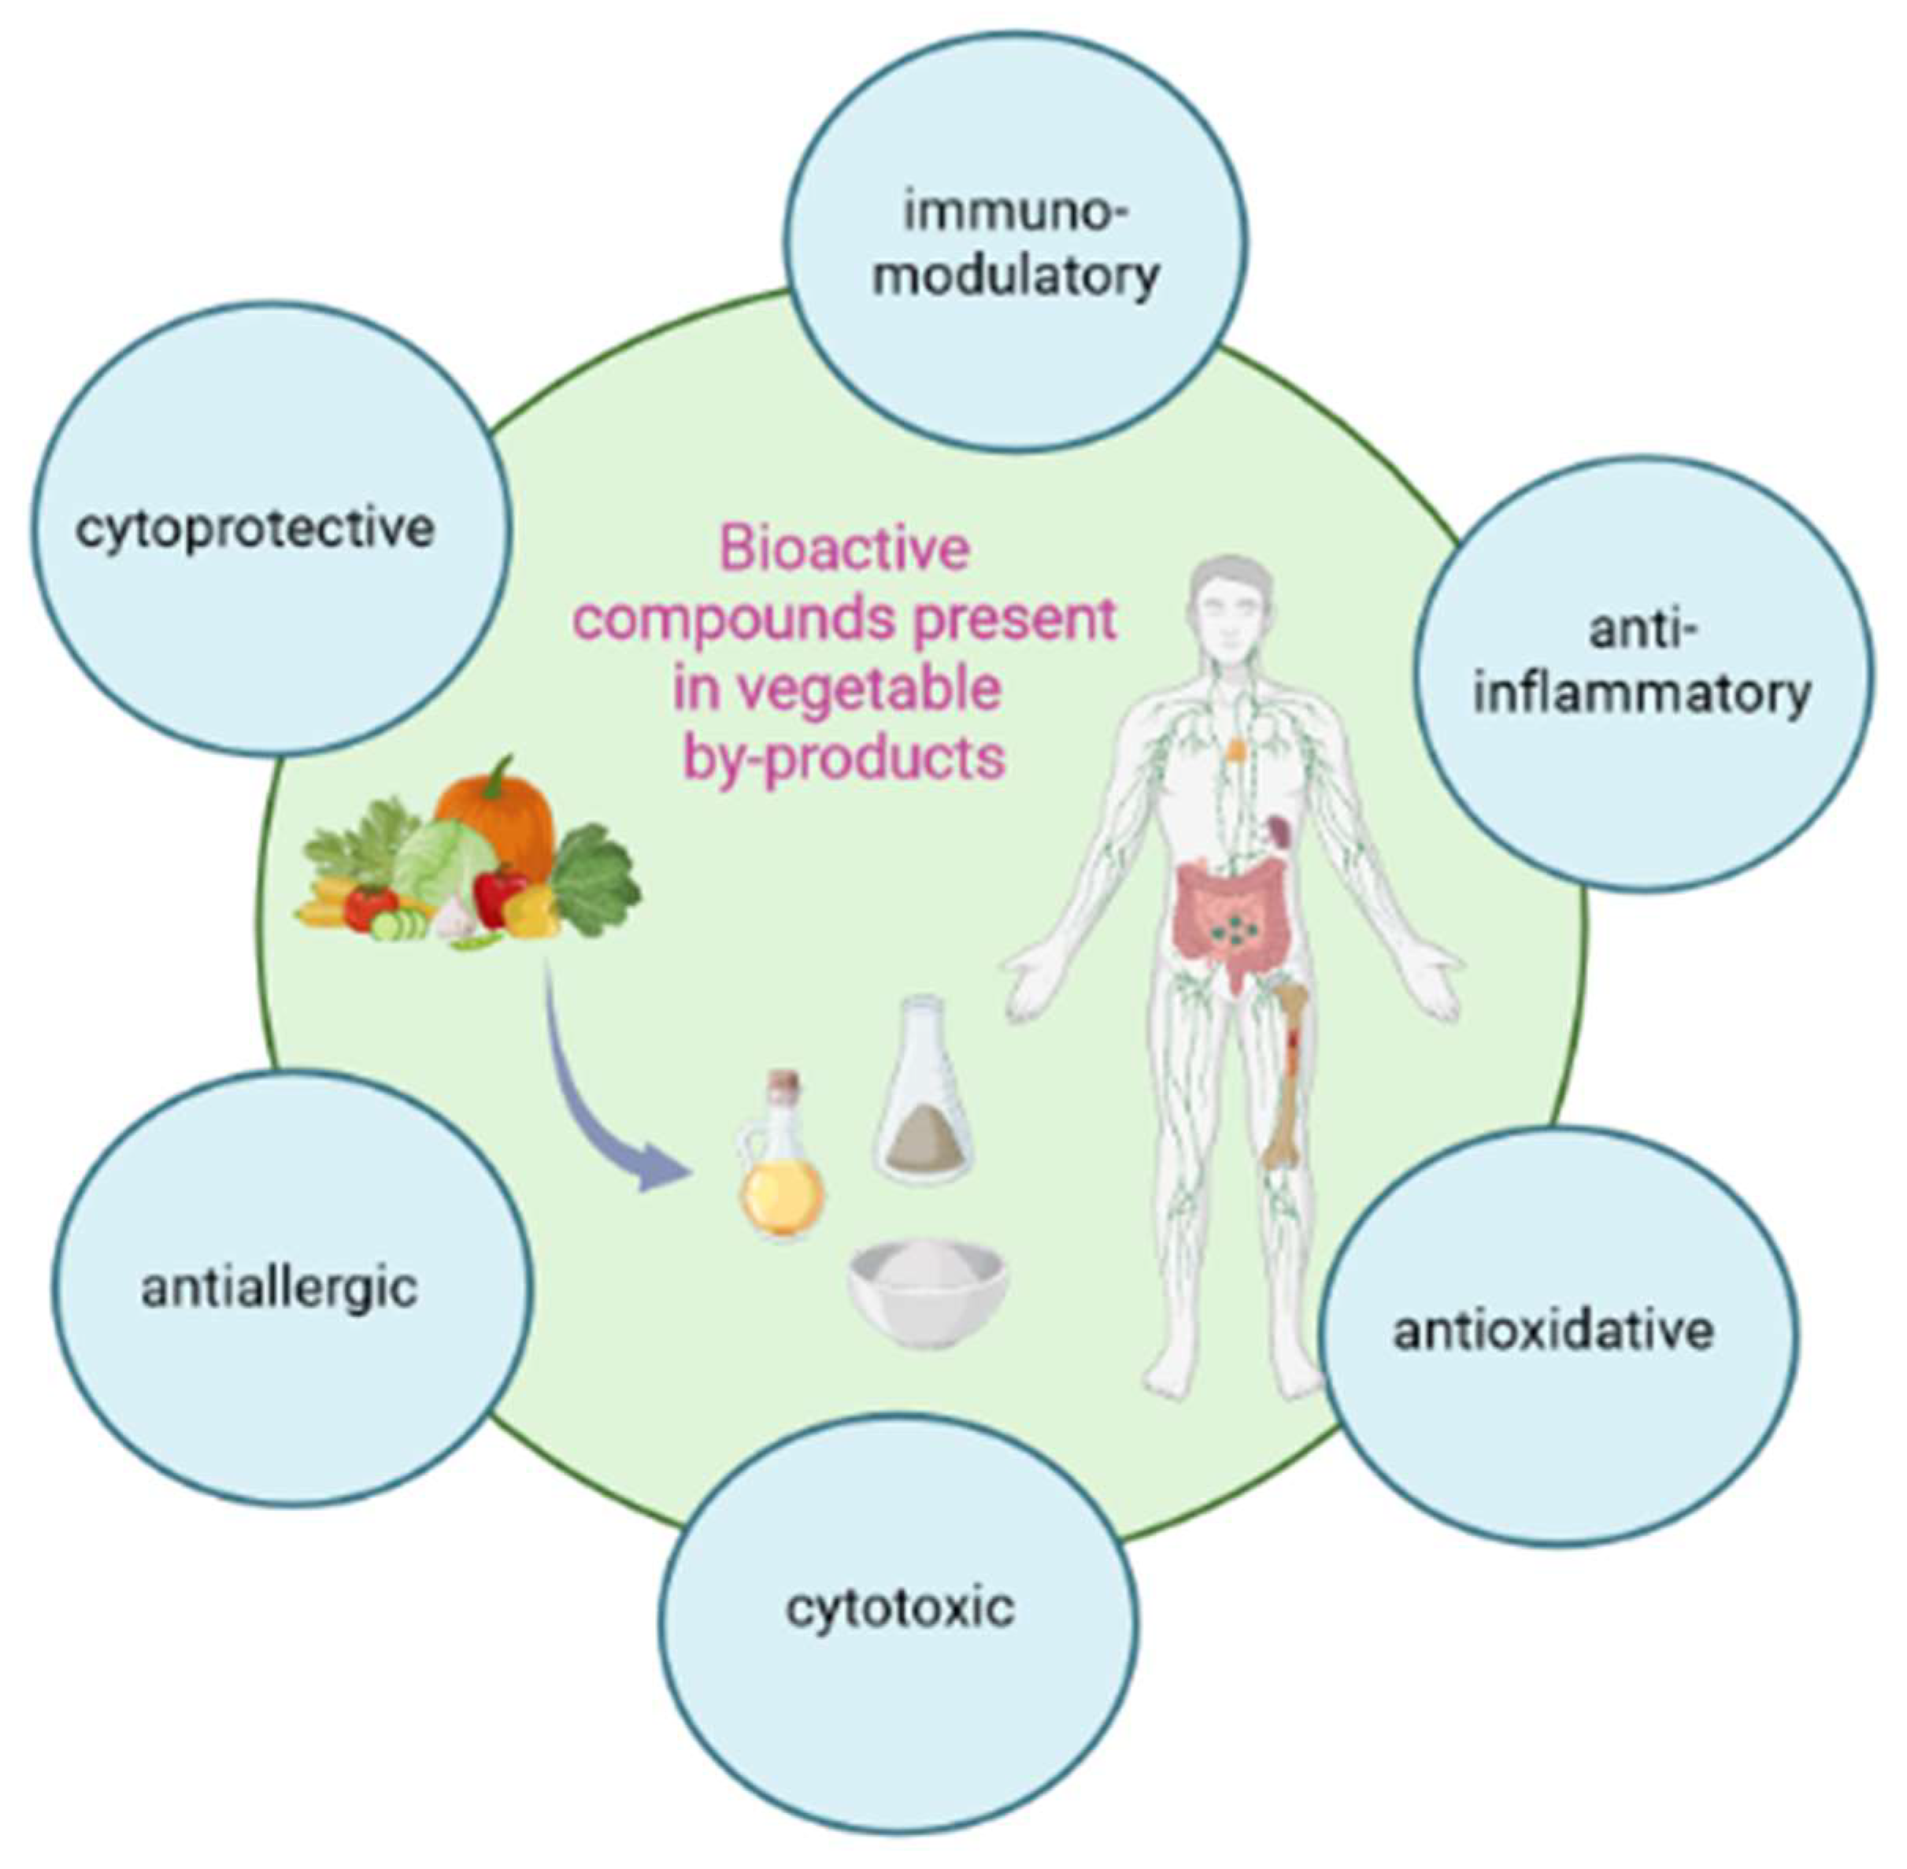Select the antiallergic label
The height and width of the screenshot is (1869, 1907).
pos(280,1289)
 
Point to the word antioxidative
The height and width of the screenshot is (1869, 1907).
pos(1553,1332)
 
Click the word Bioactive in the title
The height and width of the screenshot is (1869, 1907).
pos(844,549)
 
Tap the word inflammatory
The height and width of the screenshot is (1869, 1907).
pos(1642,696)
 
